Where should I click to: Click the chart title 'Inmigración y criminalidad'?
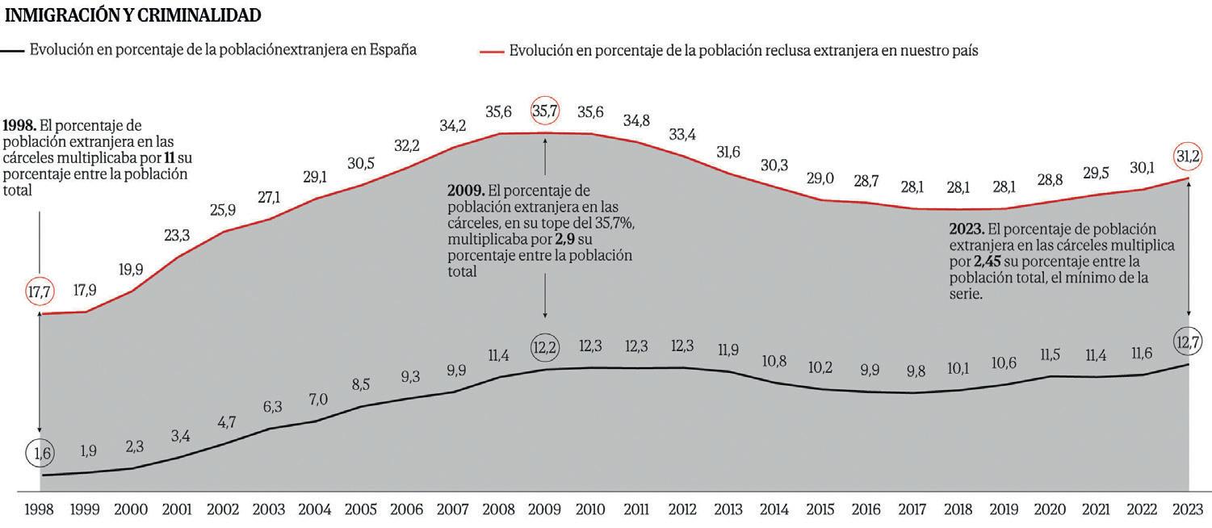click(133, 15)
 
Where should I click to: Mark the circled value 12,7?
click(1186, 342)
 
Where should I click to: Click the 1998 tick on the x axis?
click(40, 510)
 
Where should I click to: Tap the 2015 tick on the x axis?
click(820, 510)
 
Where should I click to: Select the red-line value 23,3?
click(177, 236)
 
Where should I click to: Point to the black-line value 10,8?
click(774, 362)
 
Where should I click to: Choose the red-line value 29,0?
click(820, 178)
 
